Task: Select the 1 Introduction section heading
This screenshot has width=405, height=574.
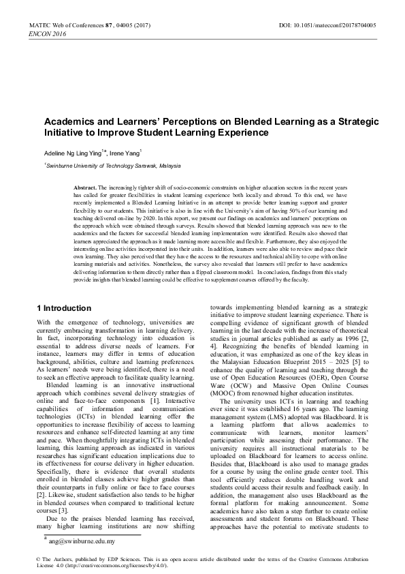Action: click(63, 308)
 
